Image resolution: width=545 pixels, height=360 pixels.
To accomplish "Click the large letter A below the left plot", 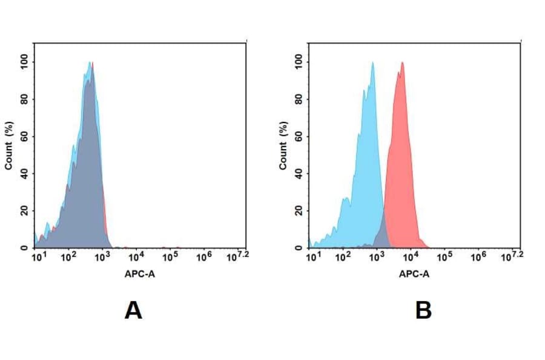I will coord(133,311).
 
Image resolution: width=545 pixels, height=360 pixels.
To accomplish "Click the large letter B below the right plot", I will coord(423,311).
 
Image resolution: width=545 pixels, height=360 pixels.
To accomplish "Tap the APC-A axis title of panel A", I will coord(140,274).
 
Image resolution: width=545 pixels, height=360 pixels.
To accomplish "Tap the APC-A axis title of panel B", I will coord(414,274).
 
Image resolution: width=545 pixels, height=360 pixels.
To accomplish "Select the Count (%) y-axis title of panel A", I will coord(9,145).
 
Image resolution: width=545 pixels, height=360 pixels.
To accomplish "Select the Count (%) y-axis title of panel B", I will coord(283,145).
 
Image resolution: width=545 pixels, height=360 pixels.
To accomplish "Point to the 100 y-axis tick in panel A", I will coord(25,62).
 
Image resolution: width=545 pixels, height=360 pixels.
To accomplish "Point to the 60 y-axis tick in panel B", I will coord(299,136).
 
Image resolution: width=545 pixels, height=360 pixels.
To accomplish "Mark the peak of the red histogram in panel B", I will coord(401,62).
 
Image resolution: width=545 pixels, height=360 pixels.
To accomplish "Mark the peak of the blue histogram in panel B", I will coord(373,62).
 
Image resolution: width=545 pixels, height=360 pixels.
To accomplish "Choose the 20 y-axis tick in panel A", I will coord(25,211).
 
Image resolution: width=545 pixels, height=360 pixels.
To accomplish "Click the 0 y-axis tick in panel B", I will coord(299,248).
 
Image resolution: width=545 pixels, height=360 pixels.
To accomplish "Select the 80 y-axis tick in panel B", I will coord(299,99).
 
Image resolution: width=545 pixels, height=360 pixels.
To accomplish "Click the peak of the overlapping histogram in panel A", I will coord(90,62).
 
